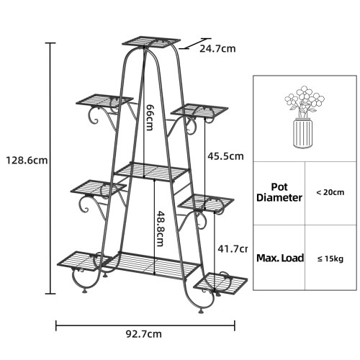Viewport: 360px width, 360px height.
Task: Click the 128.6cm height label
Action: coord(27,161)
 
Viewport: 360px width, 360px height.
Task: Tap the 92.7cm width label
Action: coord(144,334)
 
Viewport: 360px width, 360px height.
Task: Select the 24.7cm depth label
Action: coord(217,49)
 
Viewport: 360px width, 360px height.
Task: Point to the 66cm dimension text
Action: coord(150,117)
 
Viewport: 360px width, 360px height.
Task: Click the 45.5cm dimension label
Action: coord(225,156)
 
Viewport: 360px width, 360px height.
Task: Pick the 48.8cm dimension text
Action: coord(160,229)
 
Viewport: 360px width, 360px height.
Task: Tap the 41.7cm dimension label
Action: coord(233,249)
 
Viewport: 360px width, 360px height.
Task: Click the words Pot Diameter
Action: coord(279,192)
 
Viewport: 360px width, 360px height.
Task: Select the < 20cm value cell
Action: coord(330,192)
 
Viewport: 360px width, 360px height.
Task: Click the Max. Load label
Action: coord(280,258)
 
